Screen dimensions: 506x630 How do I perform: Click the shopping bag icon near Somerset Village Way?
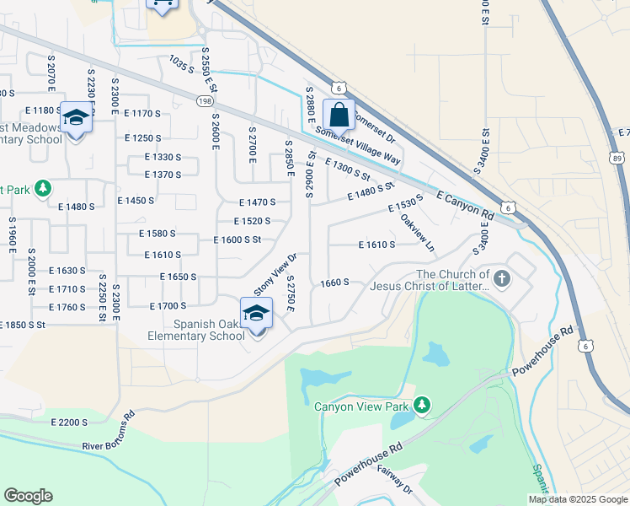338,115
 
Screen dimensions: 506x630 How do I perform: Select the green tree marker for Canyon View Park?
422,406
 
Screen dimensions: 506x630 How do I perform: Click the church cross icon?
502,278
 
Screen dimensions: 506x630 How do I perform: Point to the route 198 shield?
205,101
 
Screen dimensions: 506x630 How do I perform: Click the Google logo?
28,496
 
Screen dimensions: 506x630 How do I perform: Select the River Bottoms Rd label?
109,431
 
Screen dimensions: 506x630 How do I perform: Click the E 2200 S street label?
69,422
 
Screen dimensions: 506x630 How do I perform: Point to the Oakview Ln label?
417,233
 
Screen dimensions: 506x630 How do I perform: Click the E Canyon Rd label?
465,206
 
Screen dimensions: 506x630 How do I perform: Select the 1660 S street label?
334,283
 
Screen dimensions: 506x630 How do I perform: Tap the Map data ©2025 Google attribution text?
578,499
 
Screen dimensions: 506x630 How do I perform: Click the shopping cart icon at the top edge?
163,5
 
